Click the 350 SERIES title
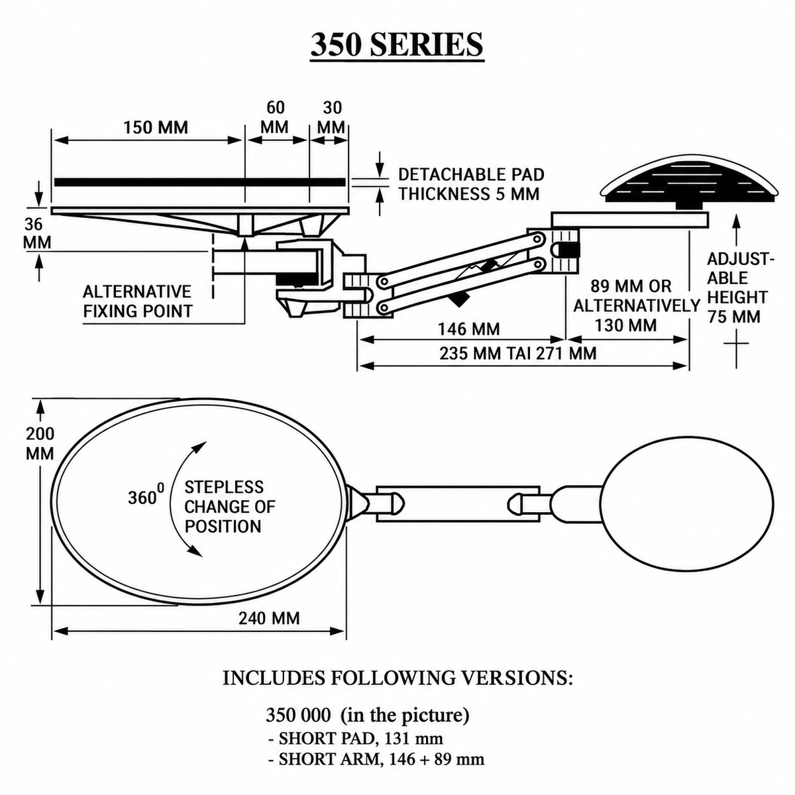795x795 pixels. pos(397,45)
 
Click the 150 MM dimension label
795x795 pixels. pos(156,127)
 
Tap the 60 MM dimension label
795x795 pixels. pos(275,117)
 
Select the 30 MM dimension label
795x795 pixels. pos(332,117)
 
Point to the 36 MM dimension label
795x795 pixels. pos(36,233)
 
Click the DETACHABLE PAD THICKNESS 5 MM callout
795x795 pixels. pos(471,184)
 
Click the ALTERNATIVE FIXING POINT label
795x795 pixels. pos(138,301)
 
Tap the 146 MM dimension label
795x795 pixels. pos(468,329)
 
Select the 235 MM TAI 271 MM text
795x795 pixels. pos(518,354)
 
